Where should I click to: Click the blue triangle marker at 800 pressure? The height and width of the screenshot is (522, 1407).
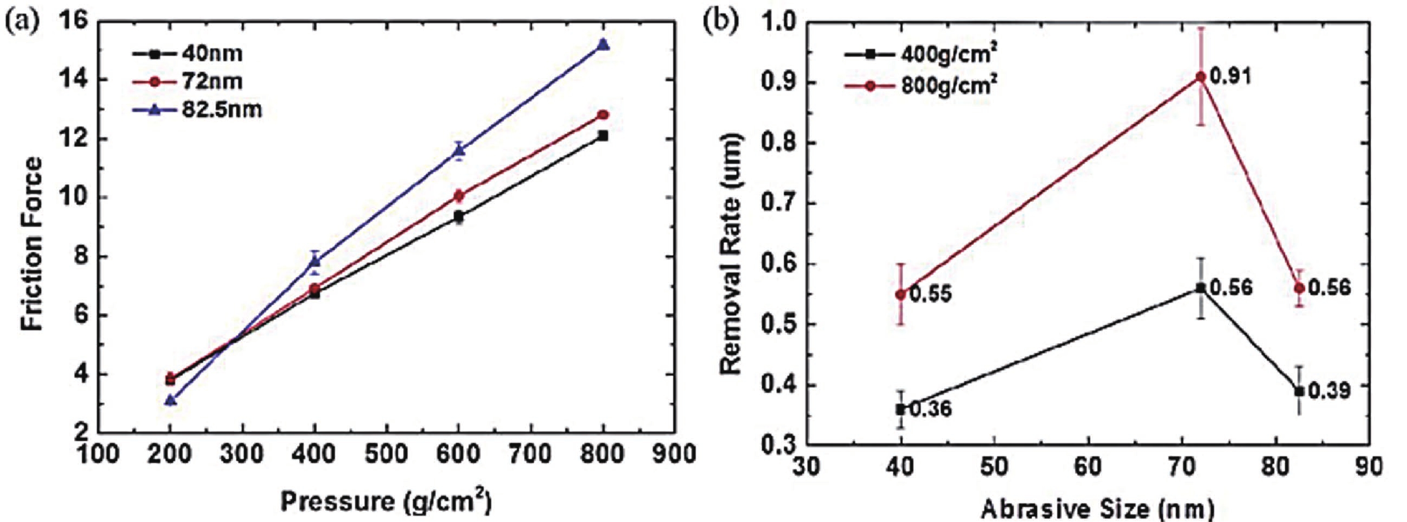(603, 45)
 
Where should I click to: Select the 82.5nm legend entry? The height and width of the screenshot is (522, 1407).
(197, 110)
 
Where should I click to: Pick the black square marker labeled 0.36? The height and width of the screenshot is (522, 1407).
(900, 409)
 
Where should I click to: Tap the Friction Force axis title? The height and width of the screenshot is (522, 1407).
(32, 243)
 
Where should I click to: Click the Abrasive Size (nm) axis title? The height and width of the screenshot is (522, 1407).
(1098, 509)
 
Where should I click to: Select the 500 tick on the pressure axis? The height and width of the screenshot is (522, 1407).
(387, 454)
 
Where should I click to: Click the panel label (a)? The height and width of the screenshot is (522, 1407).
(21, 21)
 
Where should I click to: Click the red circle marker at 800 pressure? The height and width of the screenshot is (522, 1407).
(603, 115)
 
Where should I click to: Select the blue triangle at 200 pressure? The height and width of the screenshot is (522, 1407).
(171, 400)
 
